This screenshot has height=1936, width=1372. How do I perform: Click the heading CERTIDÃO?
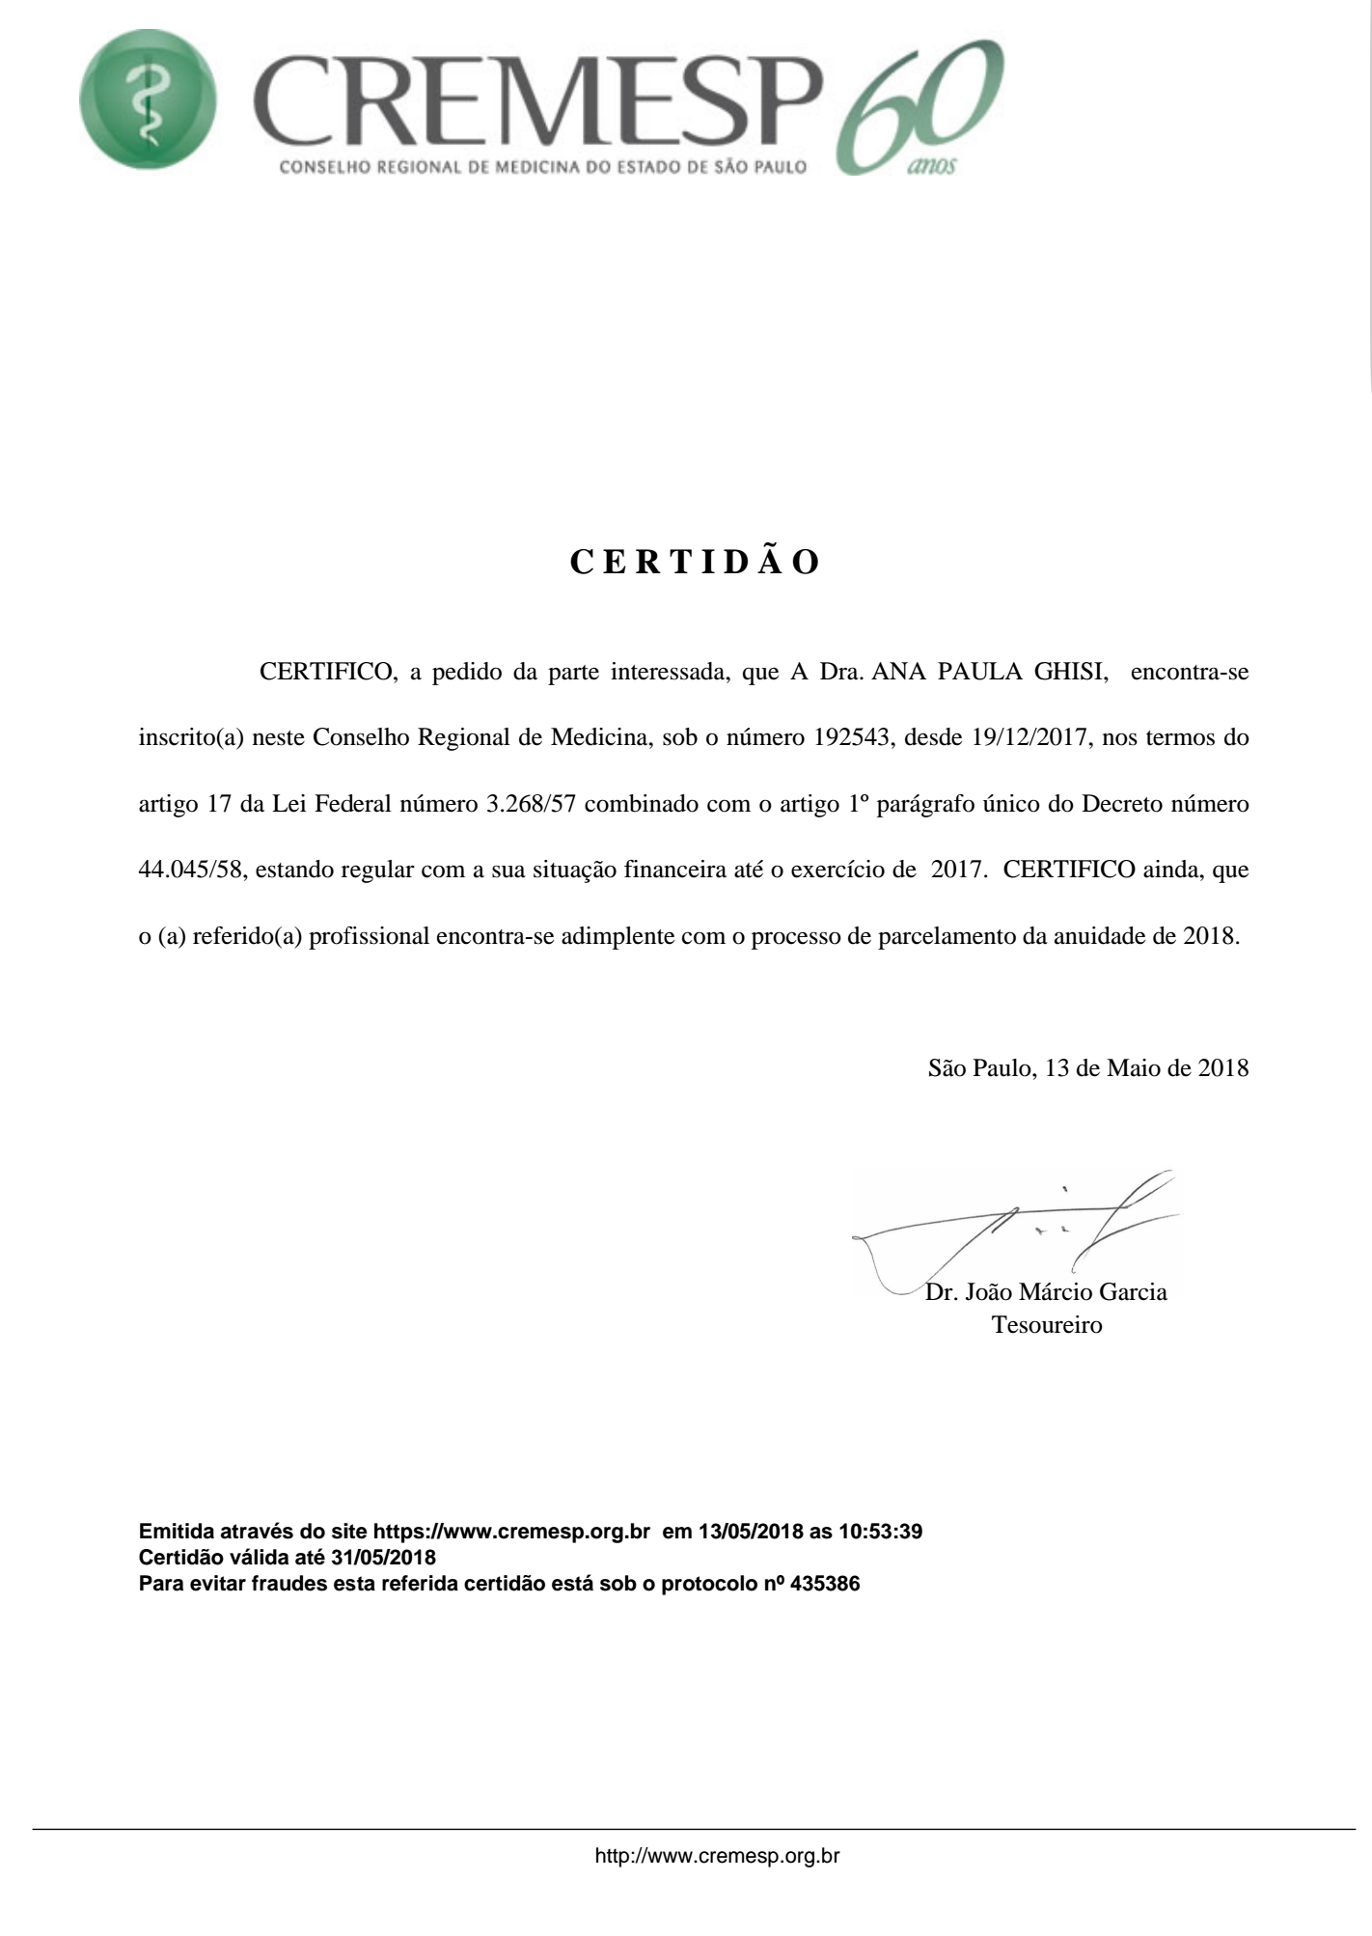pos(695,562)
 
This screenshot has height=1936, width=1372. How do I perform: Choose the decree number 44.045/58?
pos(188,871)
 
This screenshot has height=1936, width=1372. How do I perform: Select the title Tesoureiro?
pos(1047,1325)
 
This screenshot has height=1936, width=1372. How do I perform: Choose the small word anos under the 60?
pos(931,167)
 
